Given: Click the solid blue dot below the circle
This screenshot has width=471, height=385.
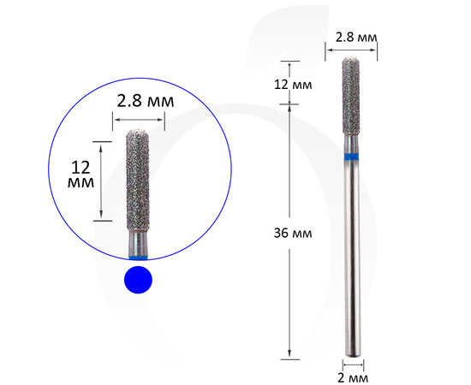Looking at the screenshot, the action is tap(138, 280).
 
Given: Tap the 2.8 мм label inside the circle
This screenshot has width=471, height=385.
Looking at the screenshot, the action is tap(146, 101).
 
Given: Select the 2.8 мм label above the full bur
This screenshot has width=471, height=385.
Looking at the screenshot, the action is tap(356, 38).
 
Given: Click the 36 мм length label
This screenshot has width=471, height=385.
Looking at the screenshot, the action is tap(293, 234).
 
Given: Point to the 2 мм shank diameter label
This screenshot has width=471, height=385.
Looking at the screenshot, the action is tap(353, 378).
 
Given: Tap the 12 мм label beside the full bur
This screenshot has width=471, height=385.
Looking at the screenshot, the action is tap(293, 85).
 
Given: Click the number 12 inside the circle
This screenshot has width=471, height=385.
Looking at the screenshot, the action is tap(80, 168).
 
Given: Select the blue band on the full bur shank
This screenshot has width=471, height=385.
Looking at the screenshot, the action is tap(351, 156).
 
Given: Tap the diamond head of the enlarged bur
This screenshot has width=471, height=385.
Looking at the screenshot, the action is tap(138, 180).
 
